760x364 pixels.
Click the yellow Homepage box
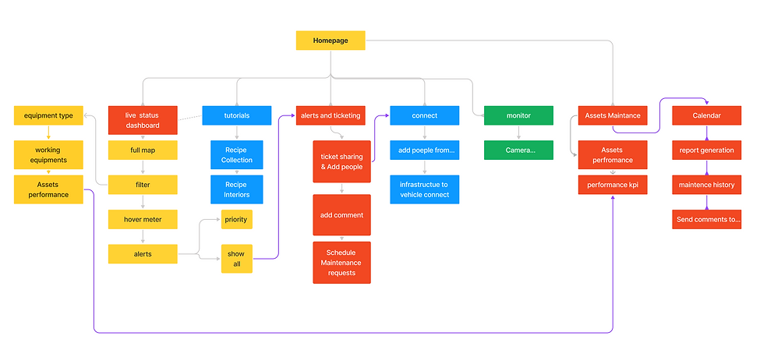(x=331, y=41)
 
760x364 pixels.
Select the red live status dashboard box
(x=143, y=120)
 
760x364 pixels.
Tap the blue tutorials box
(x=237, y=115)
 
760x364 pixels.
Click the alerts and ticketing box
(x=331, y=115)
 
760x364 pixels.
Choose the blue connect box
(x=425, y=115)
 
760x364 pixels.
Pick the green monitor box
(x=518, y=115)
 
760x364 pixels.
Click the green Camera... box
(x=518, y=150)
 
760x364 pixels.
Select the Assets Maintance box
(x=613, y=115)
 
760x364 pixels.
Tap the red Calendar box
(x=706, y=115)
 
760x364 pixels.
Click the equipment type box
(x=48, y=115)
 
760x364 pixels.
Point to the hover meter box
(x=143, y=219)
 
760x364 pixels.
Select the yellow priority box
(x=236, y=219)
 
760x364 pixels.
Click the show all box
(x=236, y=259)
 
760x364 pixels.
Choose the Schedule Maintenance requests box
(x=341, y=262)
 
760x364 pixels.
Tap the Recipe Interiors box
(x=237, y=189)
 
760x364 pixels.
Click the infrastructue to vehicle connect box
(x=425, y=189)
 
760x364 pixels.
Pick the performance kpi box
(x=613, y=185)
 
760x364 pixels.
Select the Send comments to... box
(x=706, y=219)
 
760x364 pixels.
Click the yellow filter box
(x=143, y=185)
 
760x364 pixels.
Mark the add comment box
(x=341, y=214)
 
